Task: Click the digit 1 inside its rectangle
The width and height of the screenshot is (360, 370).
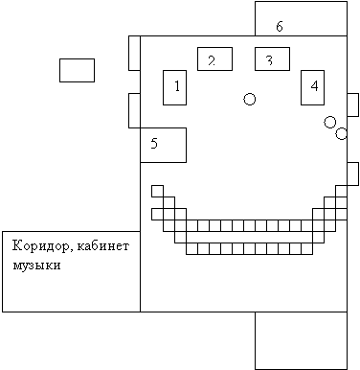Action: (x=177, y=86)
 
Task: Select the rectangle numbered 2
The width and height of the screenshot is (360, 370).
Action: (x=214, y=58)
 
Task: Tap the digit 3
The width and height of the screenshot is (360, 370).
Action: (x=269, y=60)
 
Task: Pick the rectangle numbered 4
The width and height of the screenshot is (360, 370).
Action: (x=312, y=87)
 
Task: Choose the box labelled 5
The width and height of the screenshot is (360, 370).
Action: (x=163, y=145)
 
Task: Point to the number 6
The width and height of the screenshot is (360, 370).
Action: (x=280, y=26)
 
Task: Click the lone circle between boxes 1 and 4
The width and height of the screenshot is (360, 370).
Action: (x=250, y=99)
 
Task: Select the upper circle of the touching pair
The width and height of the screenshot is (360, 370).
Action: (x=330, y=122)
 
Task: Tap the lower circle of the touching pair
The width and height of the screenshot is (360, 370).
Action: (x=341, y=133)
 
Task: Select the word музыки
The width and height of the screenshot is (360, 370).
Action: (x=36, y=266)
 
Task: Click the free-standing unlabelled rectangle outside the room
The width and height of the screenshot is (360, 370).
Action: (x=77, y=70)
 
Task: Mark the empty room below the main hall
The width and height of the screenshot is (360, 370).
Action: (x=301, y=340)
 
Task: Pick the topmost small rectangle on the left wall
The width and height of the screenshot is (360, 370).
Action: (x=134, y=53)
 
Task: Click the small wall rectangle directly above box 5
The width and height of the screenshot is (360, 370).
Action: (x=134, y=110)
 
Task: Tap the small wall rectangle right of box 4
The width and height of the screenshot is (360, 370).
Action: (x=352, y=104)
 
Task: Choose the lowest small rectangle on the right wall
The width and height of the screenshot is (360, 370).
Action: (x=352, y=173)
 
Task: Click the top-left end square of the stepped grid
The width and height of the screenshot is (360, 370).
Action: (x=157, y=191)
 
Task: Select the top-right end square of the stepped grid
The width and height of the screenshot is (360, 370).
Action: (x=341, y=191)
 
